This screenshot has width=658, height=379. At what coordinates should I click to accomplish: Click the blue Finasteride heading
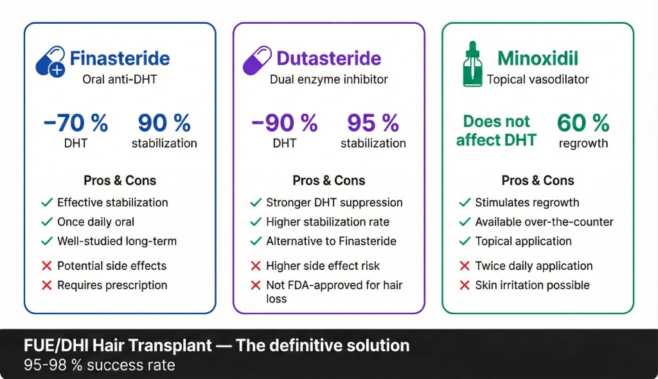[120, 59]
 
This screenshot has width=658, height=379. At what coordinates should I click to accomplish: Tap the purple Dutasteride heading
[328, 59]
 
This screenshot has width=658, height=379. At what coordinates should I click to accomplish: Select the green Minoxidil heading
[538, 59]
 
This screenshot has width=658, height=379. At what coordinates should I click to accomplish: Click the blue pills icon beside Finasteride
[50, 62]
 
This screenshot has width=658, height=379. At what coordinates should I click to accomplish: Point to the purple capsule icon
[257, 60]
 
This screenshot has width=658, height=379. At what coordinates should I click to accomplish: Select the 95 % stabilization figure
[373, 122]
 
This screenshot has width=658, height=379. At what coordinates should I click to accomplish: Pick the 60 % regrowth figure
[583, 122]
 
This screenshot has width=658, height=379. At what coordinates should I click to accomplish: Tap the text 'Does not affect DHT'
[496, 130]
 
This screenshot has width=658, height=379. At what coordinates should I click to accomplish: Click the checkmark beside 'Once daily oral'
[46, 222]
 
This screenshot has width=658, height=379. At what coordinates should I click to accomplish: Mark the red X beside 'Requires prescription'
[46, 285]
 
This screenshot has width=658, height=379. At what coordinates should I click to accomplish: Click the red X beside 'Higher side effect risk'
[255, 266]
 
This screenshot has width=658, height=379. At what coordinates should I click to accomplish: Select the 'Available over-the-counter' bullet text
[544, 222]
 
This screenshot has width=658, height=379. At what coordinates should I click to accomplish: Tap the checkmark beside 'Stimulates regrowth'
[465, 202]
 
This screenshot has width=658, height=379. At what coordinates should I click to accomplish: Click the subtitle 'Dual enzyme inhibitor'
[328, 80]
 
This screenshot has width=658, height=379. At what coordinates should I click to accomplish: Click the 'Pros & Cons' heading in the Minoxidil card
[538, 181]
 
